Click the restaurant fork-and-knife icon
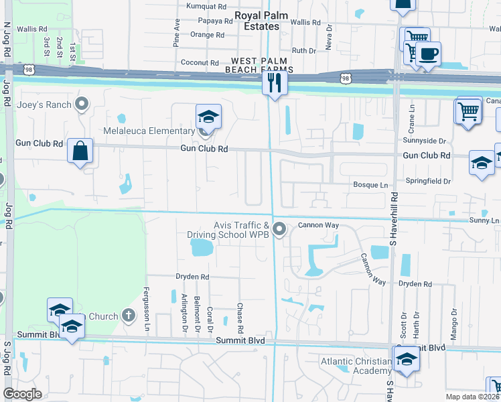pos(275,83)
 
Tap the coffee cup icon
pos(428,54)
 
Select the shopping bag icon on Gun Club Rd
pos(80,151)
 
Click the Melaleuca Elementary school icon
pos(208,117)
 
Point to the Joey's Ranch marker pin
pos(82,104)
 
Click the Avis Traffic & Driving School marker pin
pos(280,230)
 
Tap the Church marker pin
pos(129,316)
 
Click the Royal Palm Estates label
pos(257,21)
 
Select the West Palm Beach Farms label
pos(259,65)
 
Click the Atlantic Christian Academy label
pos(354,366)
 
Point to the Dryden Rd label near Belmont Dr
pos(192,276)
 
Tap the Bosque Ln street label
pos(370,184)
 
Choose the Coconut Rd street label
pos(200,62)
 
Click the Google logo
pos(23,393)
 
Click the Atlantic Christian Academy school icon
pos(406,360)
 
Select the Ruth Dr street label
pos(303,50)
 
